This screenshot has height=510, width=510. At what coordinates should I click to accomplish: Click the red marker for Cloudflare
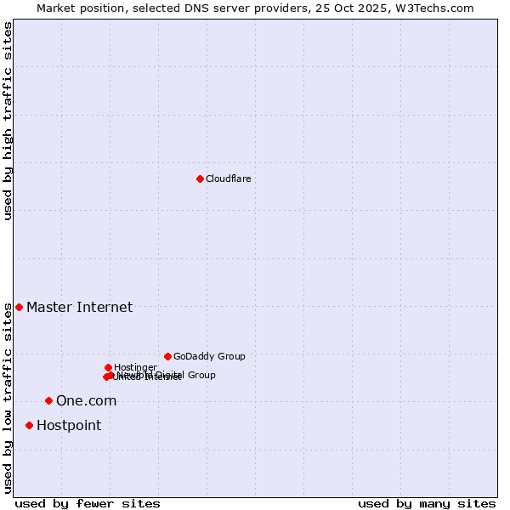click(x=200, y=178)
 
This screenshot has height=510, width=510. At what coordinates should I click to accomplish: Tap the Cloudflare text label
click(x=228, y=178)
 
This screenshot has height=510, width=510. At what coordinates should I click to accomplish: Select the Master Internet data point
click(x=19, y=307)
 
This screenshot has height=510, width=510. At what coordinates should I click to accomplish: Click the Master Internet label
click(x=79, y=307)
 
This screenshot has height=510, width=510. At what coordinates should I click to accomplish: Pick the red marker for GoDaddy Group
click(x=167, y=356)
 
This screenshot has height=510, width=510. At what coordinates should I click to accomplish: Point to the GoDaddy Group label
click(x=209, y=356)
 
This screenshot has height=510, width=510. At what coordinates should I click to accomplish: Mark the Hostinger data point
click(x=108, y=367)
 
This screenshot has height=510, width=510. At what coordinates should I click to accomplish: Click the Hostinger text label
click(x=135, y=367)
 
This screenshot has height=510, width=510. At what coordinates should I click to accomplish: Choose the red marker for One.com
click(x=48, y=400)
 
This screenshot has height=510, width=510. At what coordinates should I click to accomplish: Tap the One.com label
click(x=86, y=400)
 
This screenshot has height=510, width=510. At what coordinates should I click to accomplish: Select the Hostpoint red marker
click(x=29, y=425)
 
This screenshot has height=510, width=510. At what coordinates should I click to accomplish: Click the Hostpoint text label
click(x=68, y=425)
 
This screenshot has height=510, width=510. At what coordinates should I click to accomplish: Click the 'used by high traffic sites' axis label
click(x=8, y=121)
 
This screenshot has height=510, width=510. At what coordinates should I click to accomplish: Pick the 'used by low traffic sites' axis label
click(x=8, y=398)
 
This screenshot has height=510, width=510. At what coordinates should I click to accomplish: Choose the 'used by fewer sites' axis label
click(x=88, y=503)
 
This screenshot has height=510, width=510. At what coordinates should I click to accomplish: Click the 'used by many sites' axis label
click(x=427, y=503)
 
